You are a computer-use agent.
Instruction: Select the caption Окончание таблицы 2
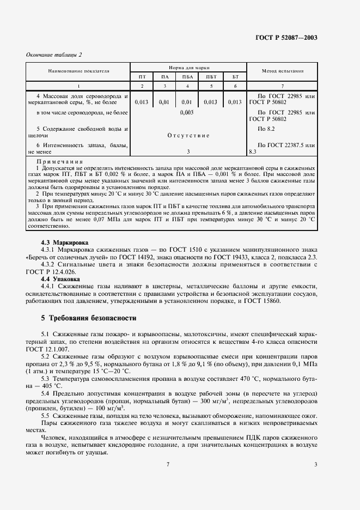53,54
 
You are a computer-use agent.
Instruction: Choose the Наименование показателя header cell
78,71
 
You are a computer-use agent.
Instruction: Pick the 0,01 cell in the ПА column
164,102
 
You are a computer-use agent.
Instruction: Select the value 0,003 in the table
187,112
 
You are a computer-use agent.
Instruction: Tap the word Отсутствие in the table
188,135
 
